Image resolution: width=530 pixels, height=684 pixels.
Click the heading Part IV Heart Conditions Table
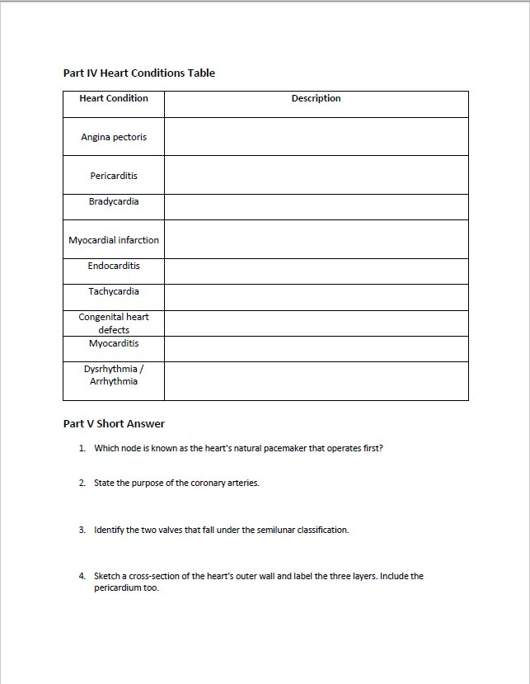click(x=138, y=73)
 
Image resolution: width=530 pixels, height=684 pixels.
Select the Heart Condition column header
click(x=114, y=98)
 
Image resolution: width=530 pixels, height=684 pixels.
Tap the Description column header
click(x=316, y=98)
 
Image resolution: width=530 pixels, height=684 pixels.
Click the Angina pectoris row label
click(x=114, y=137)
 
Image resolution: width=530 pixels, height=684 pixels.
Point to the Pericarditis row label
click(x=114, y=176)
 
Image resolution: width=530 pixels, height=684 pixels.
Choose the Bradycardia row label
click(x=114, y=201)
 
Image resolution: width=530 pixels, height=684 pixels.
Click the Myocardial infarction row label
click(x=114, y=240)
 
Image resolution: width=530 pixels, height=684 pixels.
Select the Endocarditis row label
click(x=114, y=266)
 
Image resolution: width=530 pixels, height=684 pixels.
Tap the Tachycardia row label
click(x=114, y=291)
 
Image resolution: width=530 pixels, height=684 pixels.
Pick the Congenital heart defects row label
click(x=114, y=323)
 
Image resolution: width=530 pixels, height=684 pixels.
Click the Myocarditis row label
click(x=114, y=343)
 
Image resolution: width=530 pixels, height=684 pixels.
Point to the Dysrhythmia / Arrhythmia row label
click(x=114, y=375)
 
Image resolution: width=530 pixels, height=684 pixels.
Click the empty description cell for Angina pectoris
click(x=316, y=137)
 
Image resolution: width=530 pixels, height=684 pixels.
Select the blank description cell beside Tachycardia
click(x=316, y=298)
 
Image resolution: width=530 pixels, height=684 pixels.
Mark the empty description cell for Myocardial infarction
click(x=316, y=240)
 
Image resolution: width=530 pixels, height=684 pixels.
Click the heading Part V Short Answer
click(x=114, y=423)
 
